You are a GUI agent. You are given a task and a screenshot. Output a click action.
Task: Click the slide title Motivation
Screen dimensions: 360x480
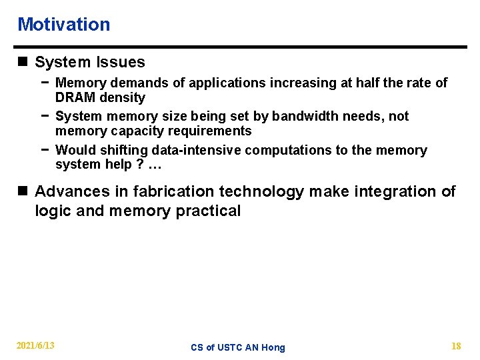pos(63,25)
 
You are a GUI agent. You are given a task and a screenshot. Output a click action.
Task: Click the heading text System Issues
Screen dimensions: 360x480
pos(89,63)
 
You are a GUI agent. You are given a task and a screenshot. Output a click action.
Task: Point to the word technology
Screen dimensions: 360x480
pos(261,192)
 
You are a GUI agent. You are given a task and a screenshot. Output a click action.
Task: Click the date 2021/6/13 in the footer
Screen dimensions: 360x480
pos(36,345)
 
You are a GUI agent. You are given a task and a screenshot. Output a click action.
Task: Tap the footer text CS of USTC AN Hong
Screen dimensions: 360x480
pos(237,347)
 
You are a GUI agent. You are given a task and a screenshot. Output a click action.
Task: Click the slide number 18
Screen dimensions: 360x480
pos(456,345)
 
